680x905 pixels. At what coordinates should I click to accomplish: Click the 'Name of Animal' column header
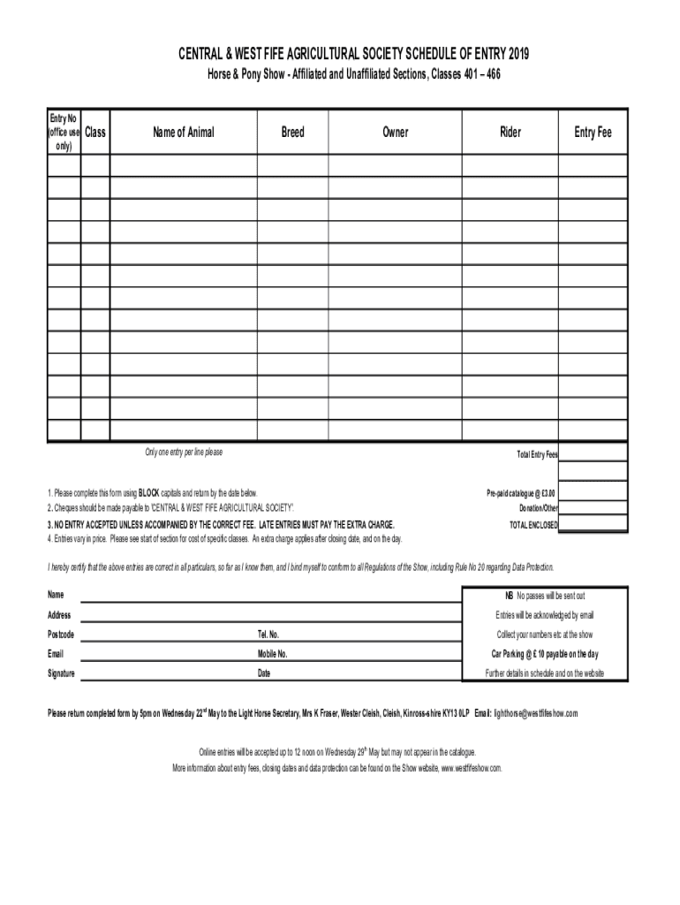(183, 133)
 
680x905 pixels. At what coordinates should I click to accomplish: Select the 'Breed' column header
(292, 133)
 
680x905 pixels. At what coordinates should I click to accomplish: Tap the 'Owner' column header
(395, 133)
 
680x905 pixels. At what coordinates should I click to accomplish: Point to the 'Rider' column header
(510, 133)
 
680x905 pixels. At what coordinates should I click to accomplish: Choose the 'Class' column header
(95, 133)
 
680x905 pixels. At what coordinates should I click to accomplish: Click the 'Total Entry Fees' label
(537, 454)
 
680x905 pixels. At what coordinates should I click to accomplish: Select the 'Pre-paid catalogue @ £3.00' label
(522, 493)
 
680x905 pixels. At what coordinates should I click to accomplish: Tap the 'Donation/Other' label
(538, 508)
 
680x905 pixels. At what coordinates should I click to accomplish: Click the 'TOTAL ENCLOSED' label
(533, 524)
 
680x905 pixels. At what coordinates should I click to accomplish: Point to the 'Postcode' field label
(61, 635)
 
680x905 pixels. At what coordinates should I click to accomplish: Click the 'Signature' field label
(61, 673)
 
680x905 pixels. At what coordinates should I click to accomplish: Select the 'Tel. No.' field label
(268, 635)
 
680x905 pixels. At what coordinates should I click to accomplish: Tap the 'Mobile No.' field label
(272, 654)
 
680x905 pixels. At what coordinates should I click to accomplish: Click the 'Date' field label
(263, 673)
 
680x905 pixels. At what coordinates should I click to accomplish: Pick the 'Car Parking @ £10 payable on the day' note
(544, 654)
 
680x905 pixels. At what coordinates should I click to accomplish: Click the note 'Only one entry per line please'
(184, 452)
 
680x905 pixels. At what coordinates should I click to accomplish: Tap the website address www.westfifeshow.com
(471, 768)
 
